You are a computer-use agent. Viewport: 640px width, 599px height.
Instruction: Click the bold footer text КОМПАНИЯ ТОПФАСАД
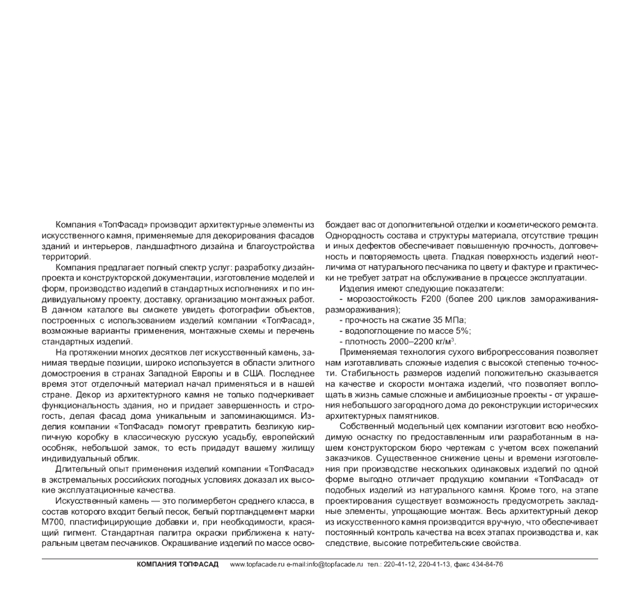177,564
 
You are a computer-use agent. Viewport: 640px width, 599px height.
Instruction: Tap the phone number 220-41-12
404,564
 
